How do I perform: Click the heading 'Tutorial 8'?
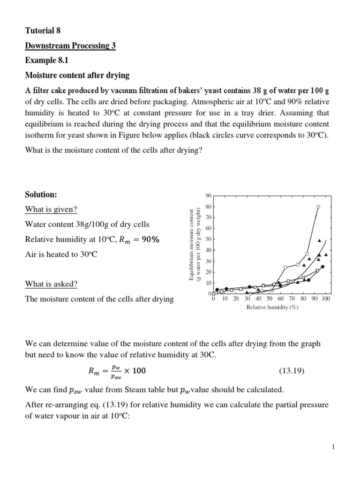click(43, 31)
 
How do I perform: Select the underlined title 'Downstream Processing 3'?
click(70, 45)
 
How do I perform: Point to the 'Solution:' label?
click(41, 194)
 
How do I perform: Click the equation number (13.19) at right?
click(292, 371)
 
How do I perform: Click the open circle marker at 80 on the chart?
click(318, 207)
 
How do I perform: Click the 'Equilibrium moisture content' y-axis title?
click(192, 246)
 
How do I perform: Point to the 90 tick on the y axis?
click(209, 195)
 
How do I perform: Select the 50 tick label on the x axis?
click(270, 299)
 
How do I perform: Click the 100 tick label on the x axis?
click(326, 299)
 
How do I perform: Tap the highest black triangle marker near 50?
click(320, 240)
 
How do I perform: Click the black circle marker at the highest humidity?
click(322, 267)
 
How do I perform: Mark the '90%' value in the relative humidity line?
click(150, 239)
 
